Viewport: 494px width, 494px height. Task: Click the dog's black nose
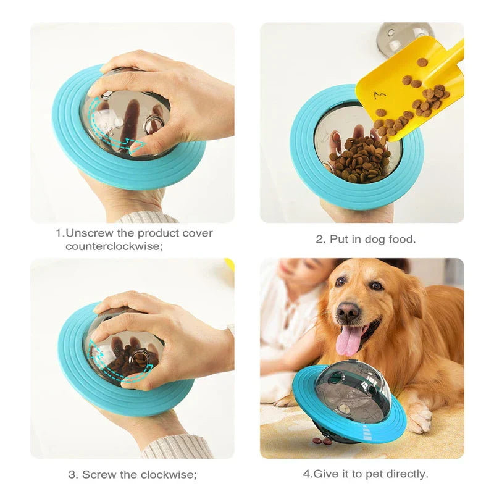(x=348, y=311)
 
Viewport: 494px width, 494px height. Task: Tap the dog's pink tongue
(x=349, y=340)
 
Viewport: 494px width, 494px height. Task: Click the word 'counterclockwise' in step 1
(x=114, y=246)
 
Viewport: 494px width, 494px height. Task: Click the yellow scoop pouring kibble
(x=409, y=85)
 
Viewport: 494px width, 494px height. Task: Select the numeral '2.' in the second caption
(x=321, y=240)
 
